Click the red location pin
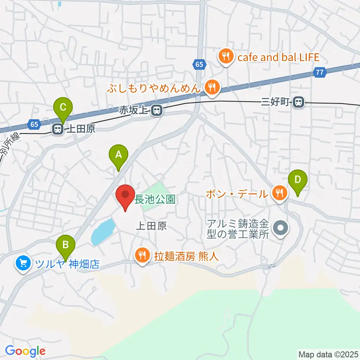click(x=125, y=196)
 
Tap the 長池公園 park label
click(x=155, y=199)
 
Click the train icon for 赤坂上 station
click(x=157, y=110)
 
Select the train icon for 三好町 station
click(x=299, y=102)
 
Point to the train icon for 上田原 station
click(x=58, y=129)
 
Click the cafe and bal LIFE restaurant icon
click(x=226, y=57)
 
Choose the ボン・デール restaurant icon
click(x=279, y=193)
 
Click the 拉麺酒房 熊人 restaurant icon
click(x=142, y=256)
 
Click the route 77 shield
click(x=319, y=73)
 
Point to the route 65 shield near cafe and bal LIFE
click(x=199, y=64)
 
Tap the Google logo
click(x=25, y=351)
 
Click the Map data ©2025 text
click(x=328, y=354)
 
